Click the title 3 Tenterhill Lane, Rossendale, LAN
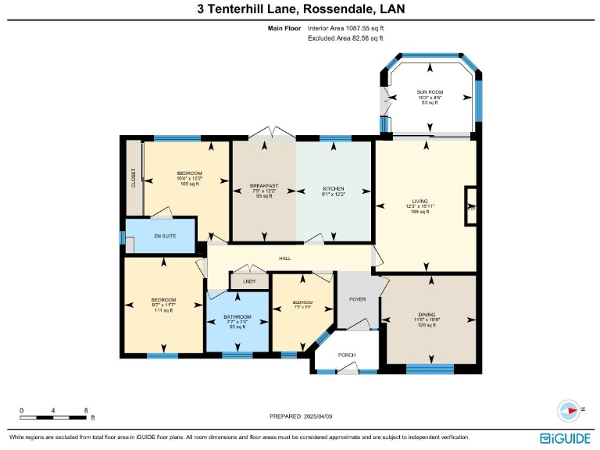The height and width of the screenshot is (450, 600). [x=301, y=9]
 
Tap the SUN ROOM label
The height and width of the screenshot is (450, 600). [x=430, y=92]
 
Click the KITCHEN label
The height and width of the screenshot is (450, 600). [x=334, y=189]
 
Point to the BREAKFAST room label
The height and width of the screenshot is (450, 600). [x=263, y=186]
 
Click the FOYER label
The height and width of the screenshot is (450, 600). [x=358, y=299]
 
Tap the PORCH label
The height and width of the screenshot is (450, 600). [x=347, y=355]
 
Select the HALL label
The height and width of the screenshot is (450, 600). [x=286, y=258]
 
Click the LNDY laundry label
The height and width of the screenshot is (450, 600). [x=249, y=281]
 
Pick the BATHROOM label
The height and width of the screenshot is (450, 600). [x=237, y=316]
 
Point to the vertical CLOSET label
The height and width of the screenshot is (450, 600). [x=134, y=178]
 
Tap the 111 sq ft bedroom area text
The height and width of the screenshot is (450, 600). [x=163, y=311]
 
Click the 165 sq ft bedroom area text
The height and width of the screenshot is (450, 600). [x=190, y=184]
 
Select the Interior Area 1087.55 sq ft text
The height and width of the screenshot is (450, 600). [x=346, y=28]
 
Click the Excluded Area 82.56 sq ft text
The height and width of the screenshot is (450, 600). [x=346, y=37]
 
